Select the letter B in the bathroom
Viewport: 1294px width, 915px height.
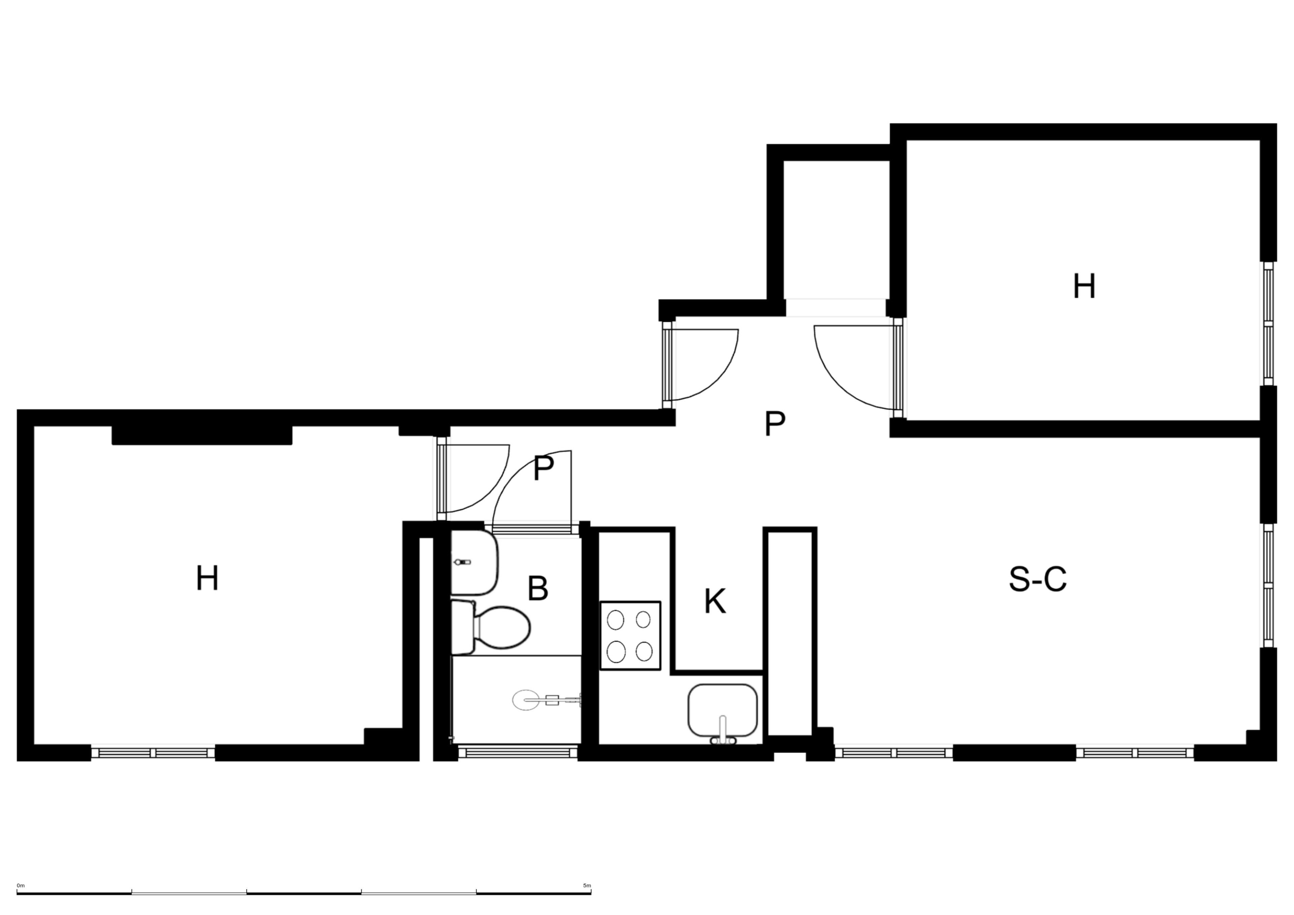(x=538, y=589)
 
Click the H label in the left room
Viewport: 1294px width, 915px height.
(x=207, y=579)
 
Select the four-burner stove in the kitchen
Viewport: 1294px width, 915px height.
(x=630, y=635)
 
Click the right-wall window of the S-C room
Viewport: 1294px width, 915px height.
(x=1268, y=586)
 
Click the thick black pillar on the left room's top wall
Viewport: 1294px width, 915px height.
(x=202, y=435)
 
